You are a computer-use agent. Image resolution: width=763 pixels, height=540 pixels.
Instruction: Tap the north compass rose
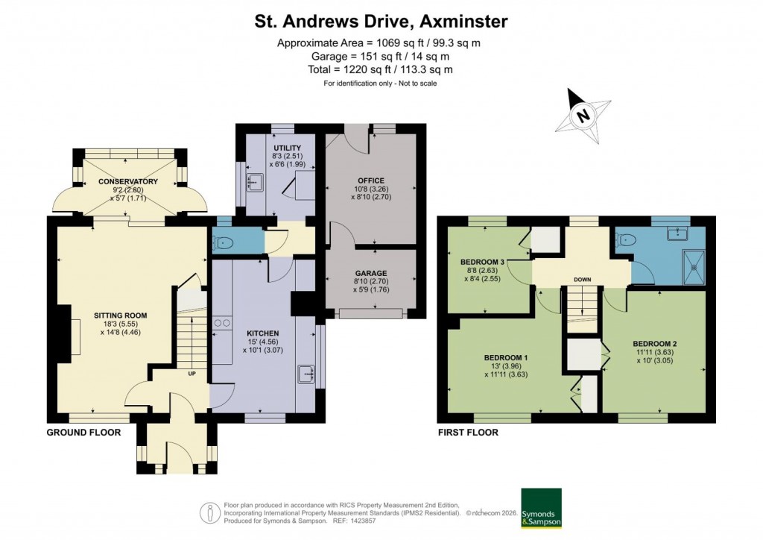pyautogui.click(x=583, y=116)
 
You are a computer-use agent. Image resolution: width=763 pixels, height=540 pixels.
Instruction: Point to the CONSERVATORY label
pyautogui.click(x=128, y=181)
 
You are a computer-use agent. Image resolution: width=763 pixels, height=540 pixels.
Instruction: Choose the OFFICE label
pyautogui.click(x=370, y=180)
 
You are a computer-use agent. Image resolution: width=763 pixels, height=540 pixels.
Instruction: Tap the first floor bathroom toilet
pyautogui.click(x=627, y=240)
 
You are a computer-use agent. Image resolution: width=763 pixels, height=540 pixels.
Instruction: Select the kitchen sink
pyautogui.click(x=306, y=373)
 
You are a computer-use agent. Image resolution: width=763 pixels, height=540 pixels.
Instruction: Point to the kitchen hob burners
pyautogui.click(x=221, y=324)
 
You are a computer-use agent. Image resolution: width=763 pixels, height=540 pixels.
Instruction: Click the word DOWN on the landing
pyautogui.click(x=582, y=280)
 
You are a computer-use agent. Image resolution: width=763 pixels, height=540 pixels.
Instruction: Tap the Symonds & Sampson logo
pyautogui.click(x=540, y=508)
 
